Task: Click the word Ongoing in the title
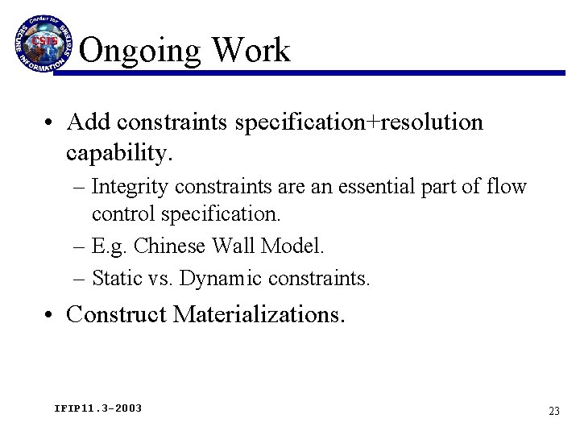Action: tap(140, 51)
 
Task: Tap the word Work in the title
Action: tap(251, 50)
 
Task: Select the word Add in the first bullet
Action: tap(89, 122)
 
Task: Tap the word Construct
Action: tap(118, 315)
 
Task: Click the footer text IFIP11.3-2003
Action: tap(97, 408)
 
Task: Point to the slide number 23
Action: tap(553, 411)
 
